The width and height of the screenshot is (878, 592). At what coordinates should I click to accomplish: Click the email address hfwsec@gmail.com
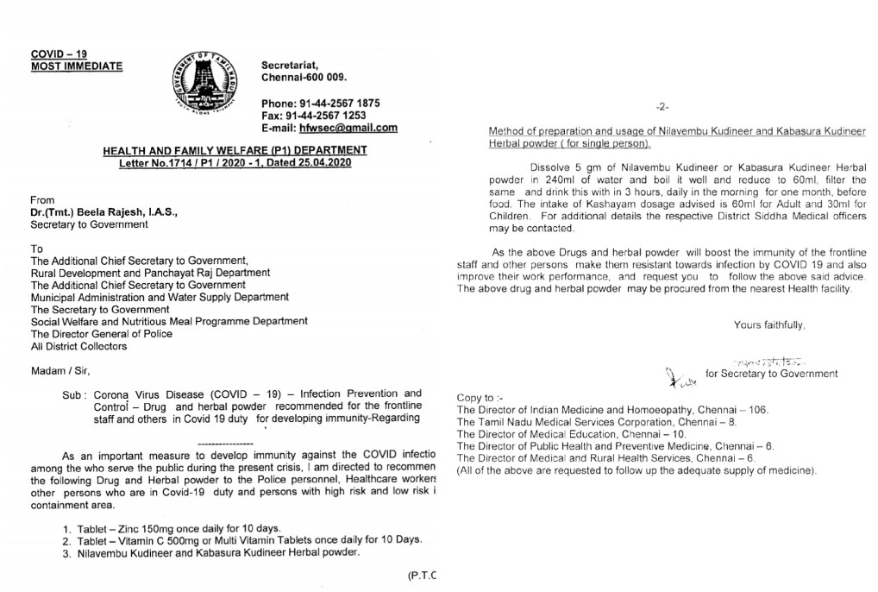346,128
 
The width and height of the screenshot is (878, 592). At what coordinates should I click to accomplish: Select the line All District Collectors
78,346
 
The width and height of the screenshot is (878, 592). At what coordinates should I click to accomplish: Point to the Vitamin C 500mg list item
241,539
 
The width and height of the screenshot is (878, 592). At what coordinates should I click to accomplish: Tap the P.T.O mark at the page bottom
423,576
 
